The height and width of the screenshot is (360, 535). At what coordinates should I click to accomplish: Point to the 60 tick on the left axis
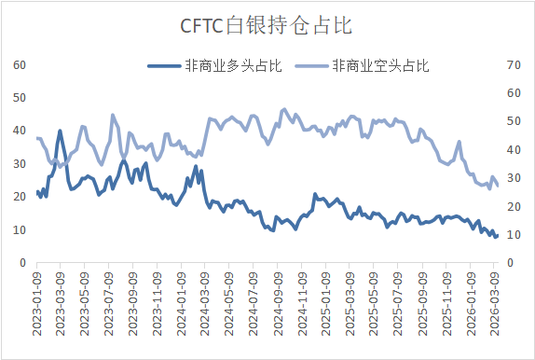(19, 64)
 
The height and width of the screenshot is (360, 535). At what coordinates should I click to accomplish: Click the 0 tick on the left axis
(22, 263)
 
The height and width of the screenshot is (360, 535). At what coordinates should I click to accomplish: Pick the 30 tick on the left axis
(19, 164)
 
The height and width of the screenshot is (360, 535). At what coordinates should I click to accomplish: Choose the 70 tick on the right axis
(512, 64)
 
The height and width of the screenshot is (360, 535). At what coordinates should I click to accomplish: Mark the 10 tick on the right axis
(512, 235)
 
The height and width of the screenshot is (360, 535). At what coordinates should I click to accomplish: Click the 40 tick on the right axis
(512, 149)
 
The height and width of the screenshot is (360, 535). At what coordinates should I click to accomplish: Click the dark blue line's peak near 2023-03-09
(60, 131)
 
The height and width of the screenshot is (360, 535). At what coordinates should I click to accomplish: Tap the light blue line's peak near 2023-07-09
(113, 115)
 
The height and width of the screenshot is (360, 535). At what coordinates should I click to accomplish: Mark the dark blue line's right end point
(497, 236)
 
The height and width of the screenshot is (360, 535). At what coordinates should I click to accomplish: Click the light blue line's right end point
(497, 185)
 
